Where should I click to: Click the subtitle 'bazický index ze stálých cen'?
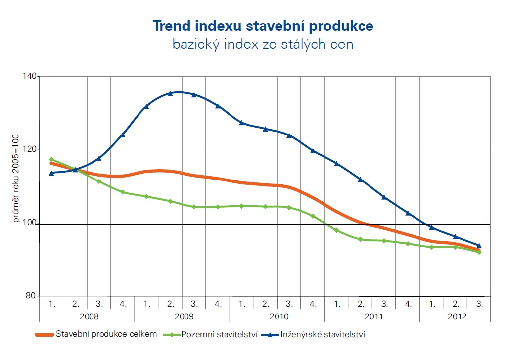(263, 45)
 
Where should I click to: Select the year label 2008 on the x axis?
(87, 315)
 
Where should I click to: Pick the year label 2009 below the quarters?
(183, 315)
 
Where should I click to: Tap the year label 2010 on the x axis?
(278, 315)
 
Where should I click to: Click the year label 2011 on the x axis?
(372, 315)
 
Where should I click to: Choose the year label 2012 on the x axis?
(456, 315)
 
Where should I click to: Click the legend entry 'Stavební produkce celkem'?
(106, 334)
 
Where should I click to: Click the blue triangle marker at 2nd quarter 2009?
(170, 93)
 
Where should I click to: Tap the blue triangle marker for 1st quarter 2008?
(51, 173)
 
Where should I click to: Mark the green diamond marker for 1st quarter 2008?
(51, 159)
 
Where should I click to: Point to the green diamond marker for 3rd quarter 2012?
(479, 252)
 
